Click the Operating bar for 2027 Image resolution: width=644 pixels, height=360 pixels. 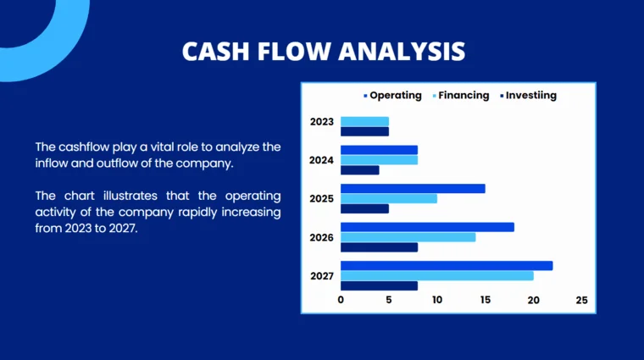[447, 266]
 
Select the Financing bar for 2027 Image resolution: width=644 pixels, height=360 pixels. [437, 275]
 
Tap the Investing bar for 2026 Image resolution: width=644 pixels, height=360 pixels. [379, 247]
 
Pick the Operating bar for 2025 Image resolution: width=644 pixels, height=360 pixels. [413, 188]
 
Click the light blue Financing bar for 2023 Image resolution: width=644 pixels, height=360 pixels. [364, 122]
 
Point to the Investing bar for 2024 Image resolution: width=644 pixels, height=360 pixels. [359, 170]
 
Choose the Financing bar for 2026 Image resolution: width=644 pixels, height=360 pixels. [408, 237]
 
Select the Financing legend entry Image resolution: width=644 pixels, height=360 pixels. [464, 96]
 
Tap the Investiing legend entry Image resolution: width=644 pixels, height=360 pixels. [530, 96]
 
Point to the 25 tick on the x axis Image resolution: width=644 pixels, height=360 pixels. [581, 300]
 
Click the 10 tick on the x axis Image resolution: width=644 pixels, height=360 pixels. [437, 300]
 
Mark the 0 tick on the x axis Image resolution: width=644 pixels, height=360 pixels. [341, 300]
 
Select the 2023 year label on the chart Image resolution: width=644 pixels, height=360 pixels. [321, 122]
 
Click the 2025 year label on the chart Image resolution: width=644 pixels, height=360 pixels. [321, 198]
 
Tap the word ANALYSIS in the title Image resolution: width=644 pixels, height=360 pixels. [402, 52]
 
